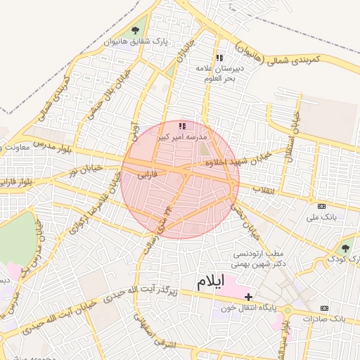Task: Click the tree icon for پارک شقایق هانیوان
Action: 134,30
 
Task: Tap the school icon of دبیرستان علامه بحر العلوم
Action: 219,58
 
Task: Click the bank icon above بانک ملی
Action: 322,206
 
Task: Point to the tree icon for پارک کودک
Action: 345,248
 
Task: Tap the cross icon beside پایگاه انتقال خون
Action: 247,297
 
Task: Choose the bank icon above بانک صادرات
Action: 324,308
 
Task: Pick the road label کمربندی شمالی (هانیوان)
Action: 307,61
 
